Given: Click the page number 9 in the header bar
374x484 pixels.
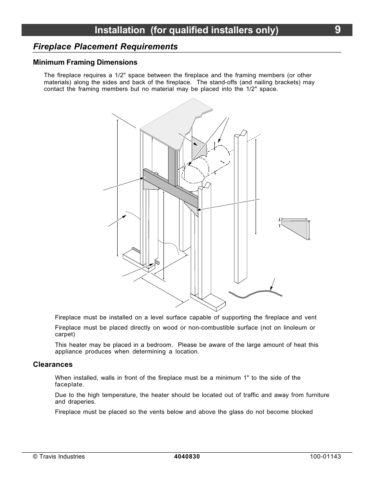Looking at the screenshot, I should [338, 30].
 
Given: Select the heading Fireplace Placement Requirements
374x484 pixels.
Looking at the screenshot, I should [105, 47].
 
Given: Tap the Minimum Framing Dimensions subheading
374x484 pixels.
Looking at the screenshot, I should [85, 62].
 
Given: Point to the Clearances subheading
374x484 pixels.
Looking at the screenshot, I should [53, 364].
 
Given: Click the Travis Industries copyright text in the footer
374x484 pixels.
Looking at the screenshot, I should [59, 457].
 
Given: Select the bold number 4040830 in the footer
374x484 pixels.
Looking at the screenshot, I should [187, 457].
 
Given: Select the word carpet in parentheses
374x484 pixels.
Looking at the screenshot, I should [64, 334].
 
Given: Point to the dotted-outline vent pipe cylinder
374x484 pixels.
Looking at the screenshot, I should [204, 167].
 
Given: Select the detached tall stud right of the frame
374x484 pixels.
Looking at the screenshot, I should [241, 208].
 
